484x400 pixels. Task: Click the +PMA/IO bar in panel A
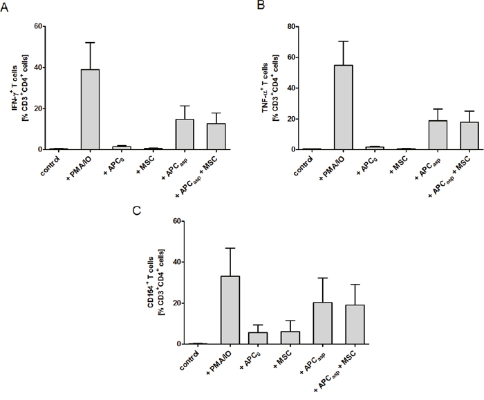click(90, 109)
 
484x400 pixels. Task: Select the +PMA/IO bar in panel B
click(344, 107)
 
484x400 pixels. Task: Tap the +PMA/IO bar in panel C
click(230, 310)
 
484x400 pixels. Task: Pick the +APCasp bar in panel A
click(185, 135)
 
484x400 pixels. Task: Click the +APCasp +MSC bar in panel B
click(469, 136)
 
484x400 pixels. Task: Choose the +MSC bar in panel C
click(290, 338)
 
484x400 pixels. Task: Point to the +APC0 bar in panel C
click(258, 339)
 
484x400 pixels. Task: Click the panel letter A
click(4, 8)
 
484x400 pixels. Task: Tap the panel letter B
click(261, 5)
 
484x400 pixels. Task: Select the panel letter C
click(136, 211)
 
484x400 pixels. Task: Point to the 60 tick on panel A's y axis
click(38, 26)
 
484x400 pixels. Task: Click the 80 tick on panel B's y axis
click(292, 26)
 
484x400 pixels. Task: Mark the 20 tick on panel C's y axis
click(176, 303)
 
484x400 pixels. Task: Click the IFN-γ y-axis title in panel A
click(20, 88)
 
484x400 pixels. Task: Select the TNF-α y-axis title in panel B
click(270, 88)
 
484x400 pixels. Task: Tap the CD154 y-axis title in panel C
click(156, 282)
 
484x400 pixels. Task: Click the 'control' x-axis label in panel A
click(50, 166)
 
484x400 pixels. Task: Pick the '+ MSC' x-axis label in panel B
click(398, 164)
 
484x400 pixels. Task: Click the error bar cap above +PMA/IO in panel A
click(90, 43)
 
